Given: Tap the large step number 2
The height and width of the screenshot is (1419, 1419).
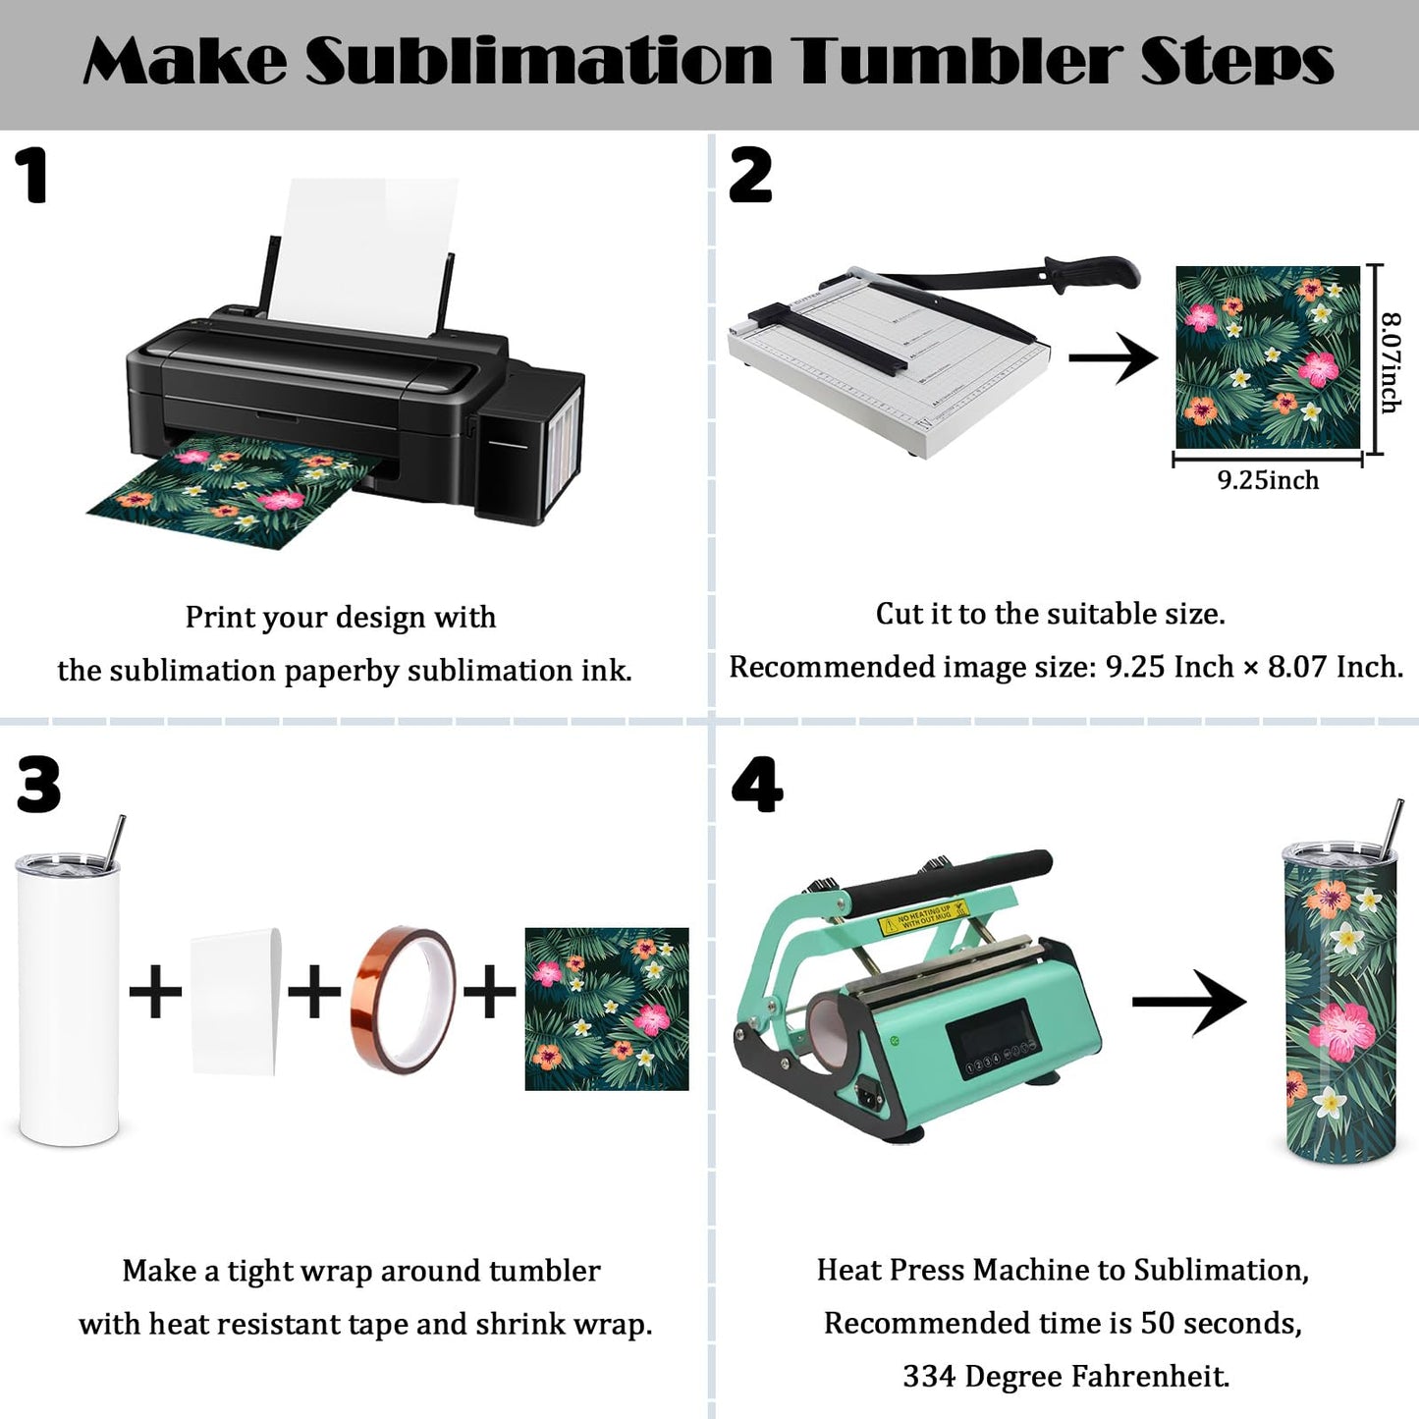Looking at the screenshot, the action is coord(749,175).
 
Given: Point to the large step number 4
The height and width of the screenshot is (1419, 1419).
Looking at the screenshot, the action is coord(756,785).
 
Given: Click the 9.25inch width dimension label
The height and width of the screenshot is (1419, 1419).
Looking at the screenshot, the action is coord(1268,480).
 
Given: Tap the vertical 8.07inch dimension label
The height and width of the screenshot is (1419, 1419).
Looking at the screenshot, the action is coord(1390,362).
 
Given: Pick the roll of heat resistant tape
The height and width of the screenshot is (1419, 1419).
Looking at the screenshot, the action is coord(405,1000).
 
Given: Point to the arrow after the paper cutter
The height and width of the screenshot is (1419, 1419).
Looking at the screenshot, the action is coord(1113,358).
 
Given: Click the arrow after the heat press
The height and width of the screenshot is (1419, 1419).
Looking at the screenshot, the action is coord(1188,1002).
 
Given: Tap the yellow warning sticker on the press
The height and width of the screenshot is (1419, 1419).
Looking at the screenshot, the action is coord(922,916).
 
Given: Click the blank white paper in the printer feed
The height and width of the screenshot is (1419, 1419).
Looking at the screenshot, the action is coord(362,256).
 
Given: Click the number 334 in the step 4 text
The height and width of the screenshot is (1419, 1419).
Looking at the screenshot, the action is coord(929,1376).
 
